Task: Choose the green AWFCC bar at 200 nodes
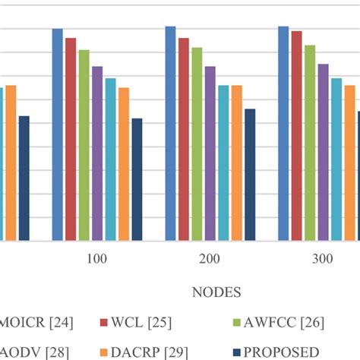[197, 144]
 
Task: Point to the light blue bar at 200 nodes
[223, 163]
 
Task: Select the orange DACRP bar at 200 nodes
[236, 163]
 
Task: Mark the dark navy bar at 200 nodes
[250, 175]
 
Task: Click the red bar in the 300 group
[296, 136]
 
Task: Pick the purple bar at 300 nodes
[323, 152]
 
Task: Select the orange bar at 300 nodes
[349, 163]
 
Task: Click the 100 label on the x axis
[96, 259]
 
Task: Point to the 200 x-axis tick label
[210, 259]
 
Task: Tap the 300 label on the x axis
[323, 259]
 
